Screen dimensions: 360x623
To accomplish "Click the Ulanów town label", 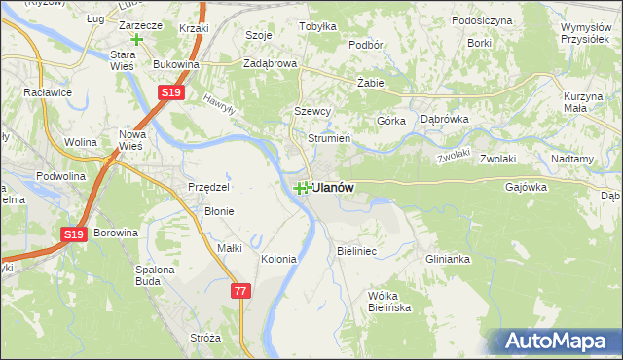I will (x=333, y=187).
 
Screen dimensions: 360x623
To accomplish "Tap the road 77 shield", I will (x=241, y=291).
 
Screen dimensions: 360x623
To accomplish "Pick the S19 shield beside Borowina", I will (x=74, y=234).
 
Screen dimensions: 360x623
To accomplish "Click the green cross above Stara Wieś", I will (x=136, y=40).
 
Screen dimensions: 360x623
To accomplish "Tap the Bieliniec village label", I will (x=356, y=251).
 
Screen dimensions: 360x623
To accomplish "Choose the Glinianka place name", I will (x=448, y=259).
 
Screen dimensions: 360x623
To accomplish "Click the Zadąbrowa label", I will (x=270, y=64).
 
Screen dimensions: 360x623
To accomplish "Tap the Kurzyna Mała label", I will (x=585, y=103).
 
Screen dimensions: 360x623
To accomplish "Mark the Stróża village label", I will (x=206, y=338).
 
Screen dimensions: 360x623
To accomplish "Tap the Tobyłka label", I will (x=317, y=27).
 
